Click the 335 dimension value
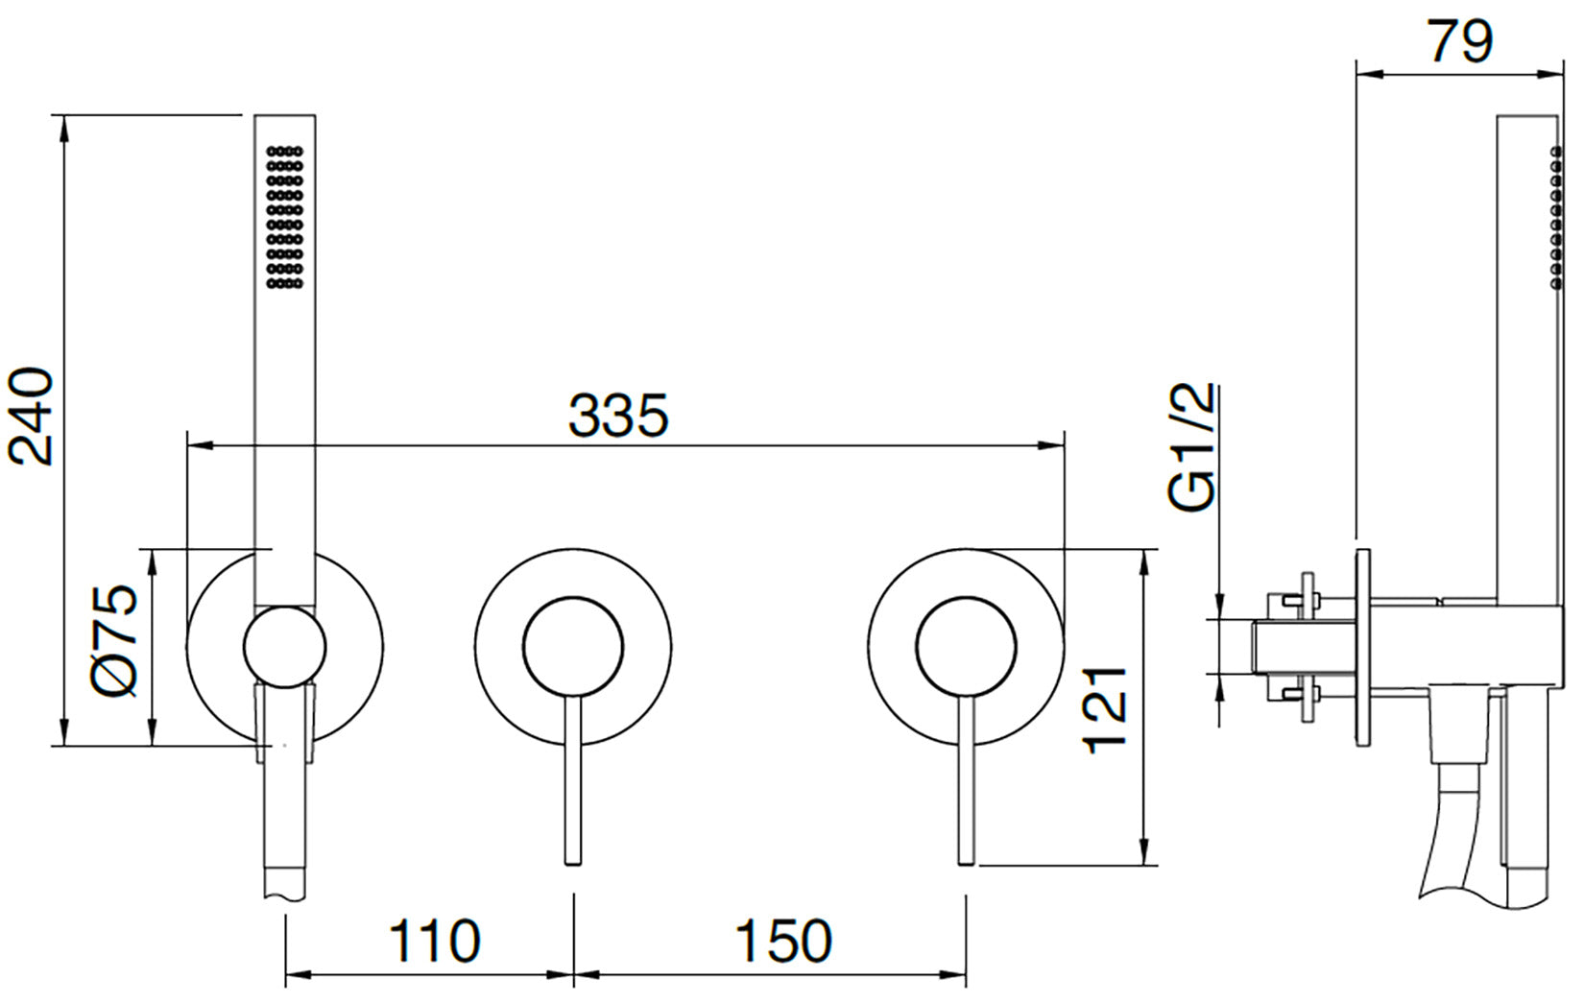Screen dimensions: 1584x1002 point(618,415)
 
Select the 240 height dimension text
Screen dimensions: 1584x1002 point(31,417)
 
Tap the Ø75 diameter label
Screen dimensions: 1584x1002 point(114,641)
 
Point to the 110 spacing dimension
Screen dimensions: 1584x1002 point(434,942)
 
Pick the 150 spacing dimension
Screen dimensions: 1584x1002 point(783,942)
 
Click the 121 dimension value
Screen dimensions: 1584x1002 point(1105,709)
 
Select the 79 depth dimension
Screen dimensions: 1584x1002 point(1459,41)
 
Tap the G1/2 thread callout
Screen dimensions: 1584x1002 point(1191,447)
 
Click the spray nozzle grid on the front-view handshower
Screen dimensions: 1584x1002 point(284,217)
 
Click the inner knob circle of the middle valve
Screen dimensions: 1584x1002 point(573,646)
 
